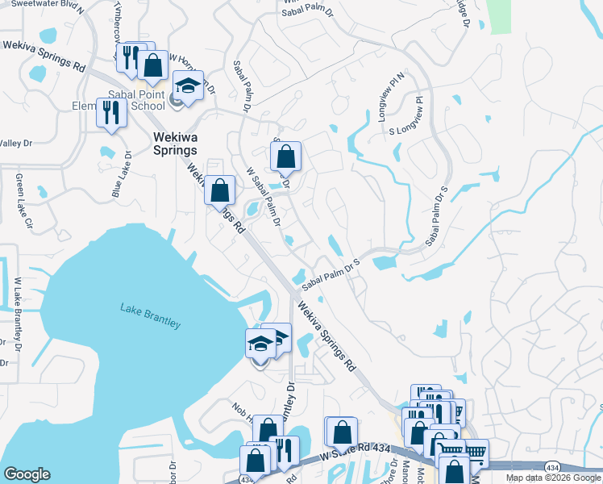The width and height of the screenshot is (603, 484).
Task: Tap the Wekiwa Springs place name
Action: point(175,143)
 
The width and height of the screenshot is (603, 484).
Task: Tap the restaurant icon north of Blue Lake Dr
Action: point(111,113)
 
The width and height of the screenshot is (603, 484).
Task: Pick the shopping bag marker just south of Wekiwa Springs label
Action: point(219,191)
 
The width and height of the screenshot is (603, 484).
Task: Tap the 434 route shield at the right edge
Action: point(552,467)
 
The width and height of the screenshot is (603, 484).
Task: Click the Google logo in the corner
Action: point(27,474)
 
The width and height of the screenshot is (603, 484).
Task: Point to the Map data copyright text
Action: point(552,478)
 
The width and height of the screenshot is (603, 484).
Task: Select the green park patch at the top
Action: point(500,15)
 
